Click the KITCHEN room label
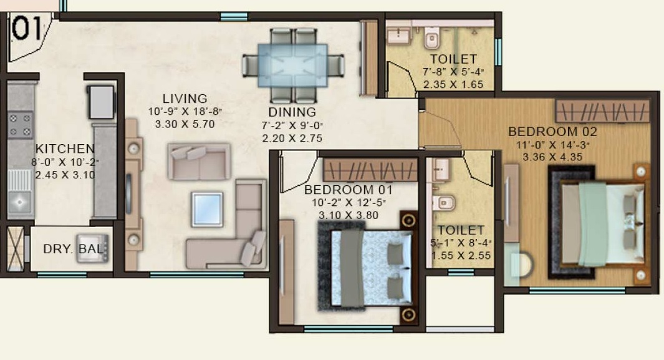pos(65,149)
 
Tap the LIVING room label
pos(185,99)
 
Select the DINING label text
pos(292,112)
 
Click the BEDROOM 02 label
pos(552,132)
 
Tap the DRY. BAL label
pos(72,249)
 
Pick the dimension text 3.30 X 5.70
pos(185,124)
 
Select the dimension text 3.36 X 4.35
pos(553,157)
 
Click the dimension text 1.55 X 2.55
pos(461,255)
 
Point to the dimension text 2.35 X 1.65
pos(453,85)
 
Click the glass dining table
pos(293,63)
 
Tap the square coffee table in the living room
pos(207,210)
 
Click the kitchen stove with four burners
pos(20,124)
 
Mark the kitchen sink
pos(20,201)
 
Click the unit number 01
pos(29,29)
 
